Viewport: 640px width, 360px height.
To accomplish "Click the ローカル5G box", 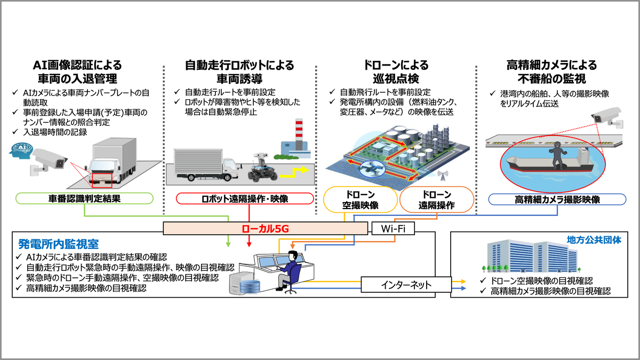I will click(265, 228).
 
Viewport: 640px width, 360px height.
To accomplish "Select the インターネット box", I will click(406, 284).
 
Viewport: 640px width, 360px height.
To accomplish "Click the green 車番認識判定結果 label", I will click(85, 199).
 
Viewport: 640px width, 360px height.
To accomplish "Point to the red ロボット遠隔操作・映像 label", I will click(245, 199).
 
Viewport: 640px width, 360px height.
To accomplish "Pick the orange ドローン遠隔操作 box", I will click(436, 199).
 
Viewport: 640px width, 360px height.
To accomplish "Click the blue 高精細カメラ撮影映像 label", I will click(557, 199).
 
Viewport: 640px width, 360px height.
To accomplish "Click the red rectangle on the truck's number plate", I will click(102, 179).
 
